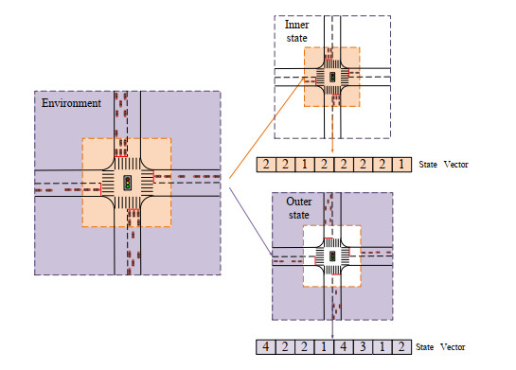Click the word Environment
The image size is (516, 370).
click(71, 103)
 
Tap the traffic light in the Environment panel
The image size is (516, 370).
click(128, 183)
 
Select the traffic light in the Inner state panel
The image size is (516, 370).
click(332, 77)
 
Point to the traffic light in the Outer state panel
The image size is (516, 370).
click(332, 256)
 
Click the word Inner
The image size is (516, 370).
click(297, 25)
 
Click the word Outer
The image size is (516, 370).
click(299, 202)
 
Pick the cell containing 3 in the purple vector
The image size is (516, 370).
click(363, 346)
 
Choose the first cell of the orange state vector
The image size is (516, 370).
click(266, 165)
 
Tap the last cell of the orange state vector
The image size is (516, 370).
click(401, 165)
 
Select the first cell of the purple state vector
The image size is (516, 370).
click(266, 346)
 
